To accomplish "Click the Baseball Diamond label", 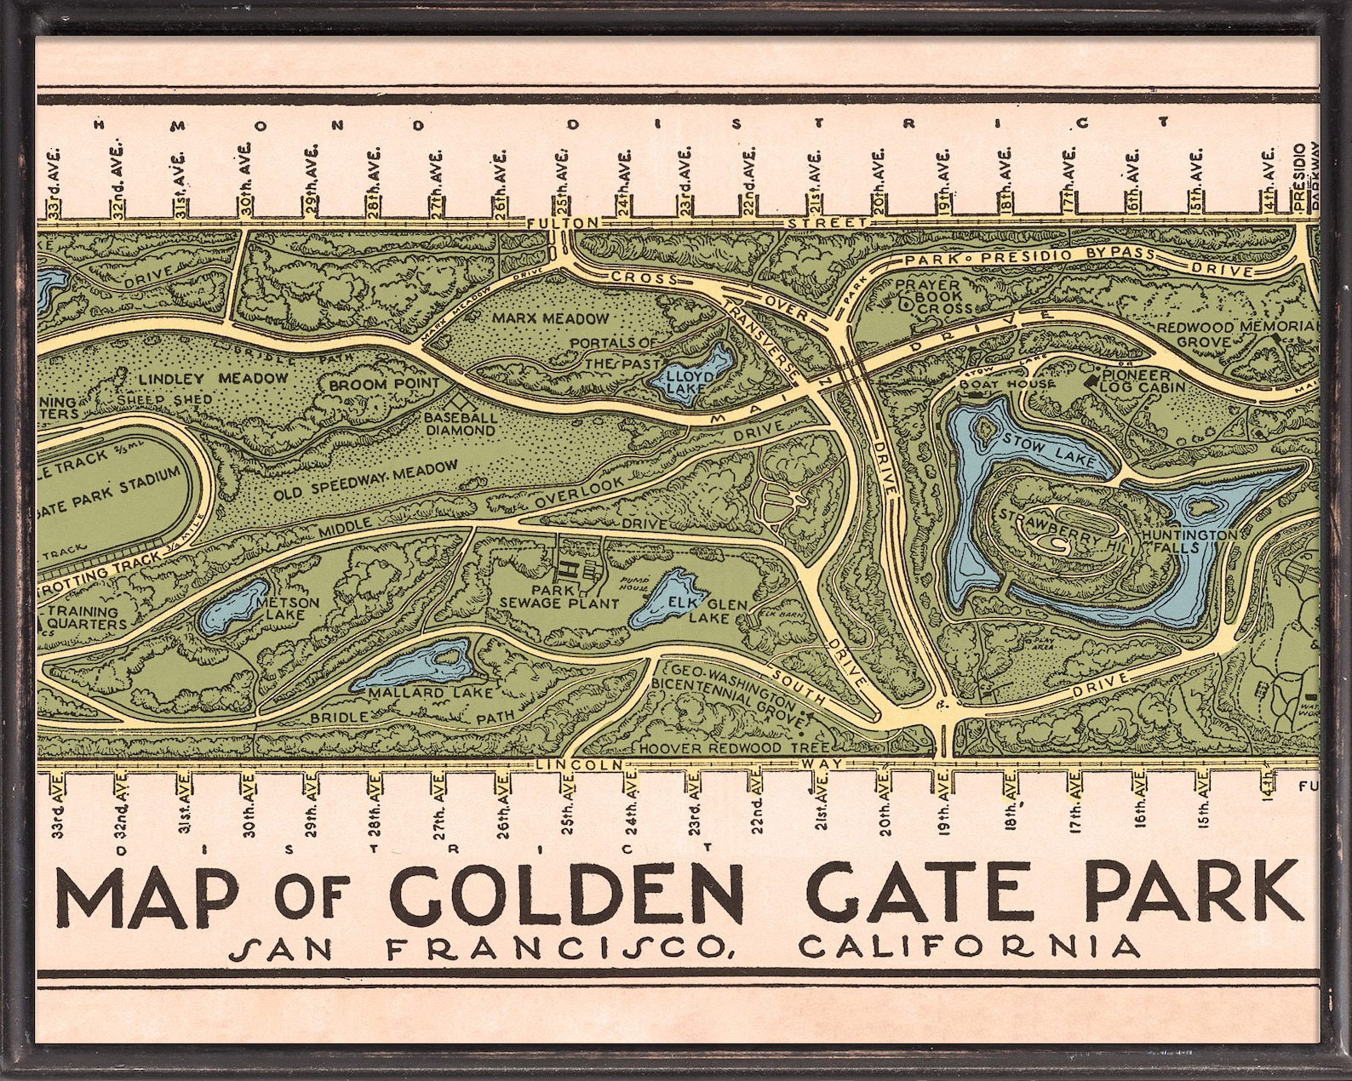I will tap(460, 424).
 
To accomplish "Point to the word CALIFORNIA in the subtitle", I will tap(970, 947).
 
